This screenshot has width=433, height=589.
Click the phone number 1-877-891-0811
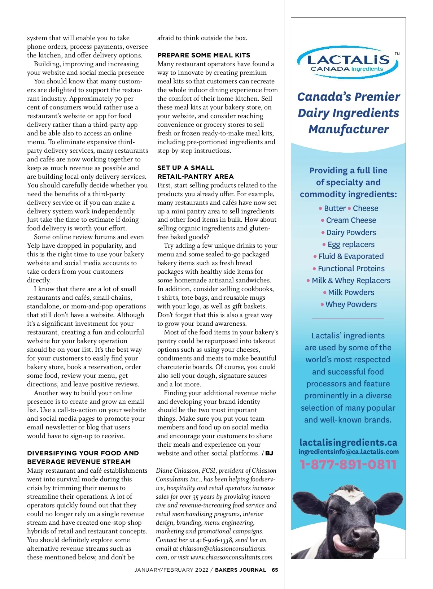348,464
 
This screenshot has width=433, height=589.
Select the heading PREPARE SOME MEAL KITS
204,55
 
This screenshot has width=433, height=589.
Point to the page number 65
275,570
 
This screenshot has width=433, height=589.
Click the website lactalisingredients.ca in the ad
348,442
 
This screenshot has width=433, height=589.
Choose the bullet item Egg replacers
351,244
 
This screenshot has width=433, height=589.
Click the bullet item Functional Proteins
351,269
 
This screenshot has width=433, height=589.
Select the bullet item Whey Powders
351,304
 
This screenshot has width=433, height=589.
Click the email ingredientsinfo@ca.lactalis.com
348,452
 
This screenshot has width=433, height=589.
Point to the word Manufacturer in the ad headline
349,129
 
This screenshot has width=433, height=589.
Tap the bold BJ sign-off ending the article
269,453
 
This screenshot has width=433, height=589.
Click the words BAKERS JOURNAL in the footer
240,570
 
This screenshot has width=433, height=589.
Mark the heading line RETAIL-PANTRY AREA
195,177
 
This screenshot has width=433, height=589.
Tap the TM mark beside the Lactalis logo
397,54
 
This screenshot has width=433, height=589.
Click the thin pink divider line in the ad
348,319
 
